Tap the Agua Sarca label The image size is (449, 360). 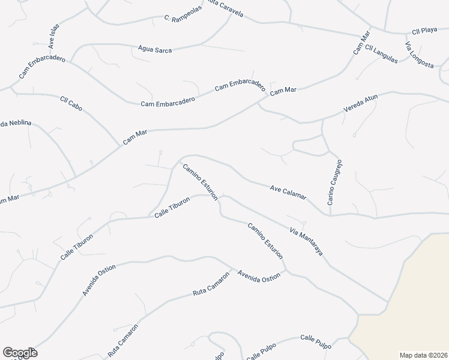155,49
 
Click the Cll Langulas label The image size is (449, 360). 381,53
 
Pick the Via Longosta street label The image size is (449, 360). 419,56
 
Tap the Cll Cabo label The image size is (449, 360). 71,103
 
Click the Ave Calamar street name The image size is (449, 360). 288,192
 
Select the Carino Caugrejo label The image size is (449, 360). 335,182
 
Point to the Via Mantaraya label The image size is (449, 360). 306,241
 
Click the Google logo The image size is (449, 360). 20,353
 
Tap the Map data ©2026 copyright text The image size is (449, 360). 423,355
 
